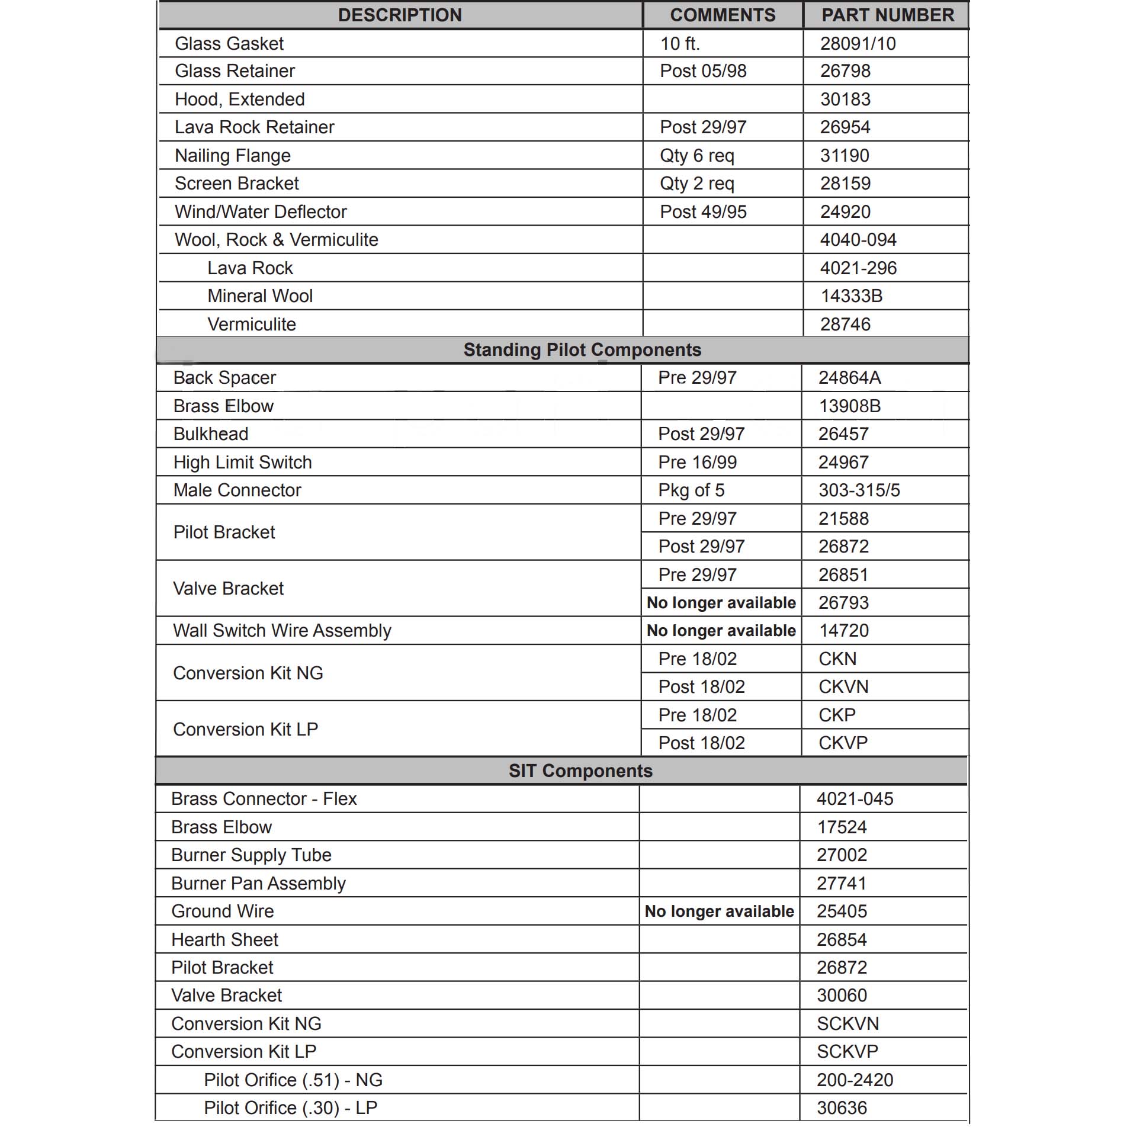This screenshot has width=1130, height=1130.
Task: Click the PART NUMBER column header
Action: click(x=887, y=15)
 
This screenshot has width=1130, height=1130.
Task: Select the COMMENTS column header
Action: click(x=722, y=15)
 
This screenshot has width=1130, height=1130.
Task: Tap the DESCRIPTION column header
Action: click(x=400, y=15)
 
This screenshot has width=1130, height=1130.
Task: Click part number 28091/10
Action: click(x=858, y=43)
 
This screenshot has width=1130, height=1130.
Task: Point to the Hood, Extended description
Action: click(x=239, y=99)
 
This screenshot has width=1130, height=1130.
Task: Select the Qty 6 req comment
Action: click(x=696, y=155)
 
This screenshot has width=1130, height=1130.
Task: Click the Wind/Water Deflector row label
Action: click(x=261, y=211)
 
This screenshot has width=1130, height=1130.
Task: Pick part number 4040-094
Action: click(x=858, y=239)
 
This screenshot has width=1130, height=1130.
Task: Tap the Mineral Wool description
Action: click(x=260, y=296)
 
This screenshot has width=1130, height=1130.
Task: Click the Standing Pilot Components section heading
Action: click(x=582, y=349)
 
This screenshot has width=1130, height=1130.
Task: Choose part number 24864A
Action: click(x=849, y=377)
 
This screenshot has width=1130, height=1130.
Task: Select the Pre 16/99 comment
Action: click(x=697, y=462)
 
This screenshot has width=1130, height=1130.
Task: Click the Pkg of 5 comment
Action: click(x=691, y=490)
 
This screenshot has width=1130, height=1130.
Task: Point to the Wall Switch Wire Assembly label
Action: click(x=282, y=630)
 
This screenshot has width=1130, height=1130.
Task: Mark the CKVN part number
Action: click(x=843, y=686)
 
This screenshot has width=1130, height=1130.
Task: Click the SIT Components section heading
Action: click(x=580, y=771)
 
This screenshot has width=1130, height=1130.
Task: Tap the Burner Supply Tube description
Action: click(x=251, y=855)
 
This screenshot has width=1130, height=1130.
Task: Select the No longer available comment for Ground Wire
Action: click(x=719, y=911)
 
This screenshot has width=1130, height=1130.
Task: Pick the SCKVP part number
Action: click(x=847, y=1051)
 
